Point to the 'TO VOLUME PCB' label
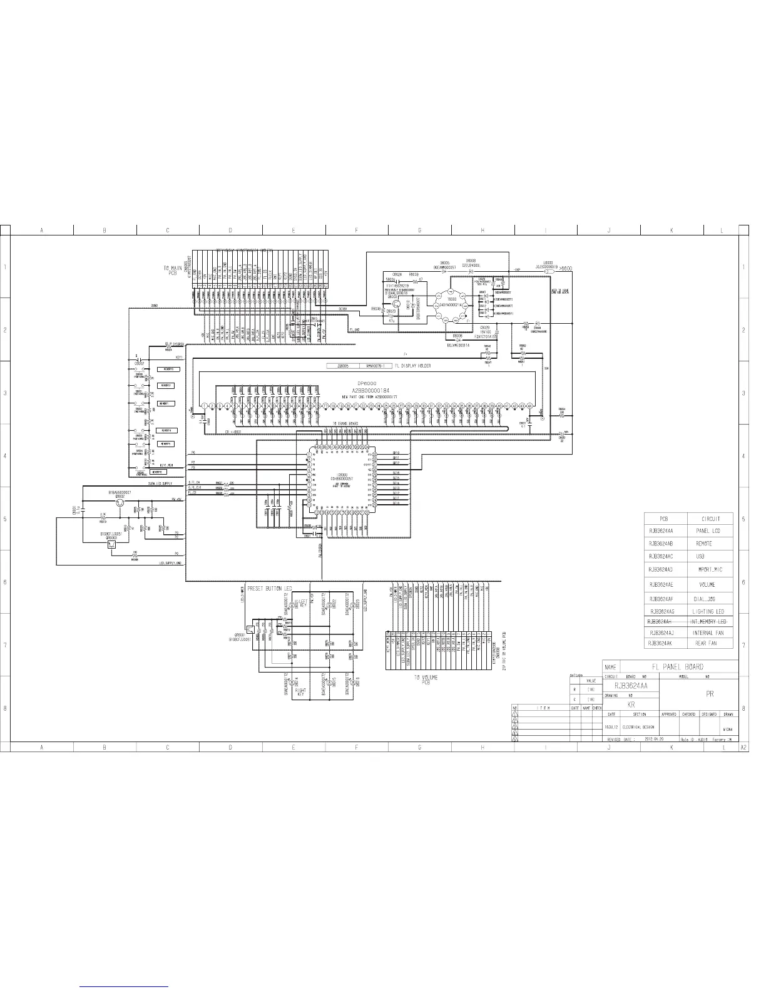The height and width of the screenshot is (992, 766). pos(425,679)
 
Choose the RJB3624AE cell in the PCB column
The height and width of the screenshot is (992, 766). pos(661,584)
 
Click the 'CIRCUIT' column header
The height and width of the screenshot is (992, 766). pos(710,519)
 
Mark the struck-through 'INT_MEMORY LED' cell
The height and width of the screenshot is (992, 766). pos(708,621)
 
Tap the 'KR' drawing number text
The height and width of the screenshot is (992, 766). pos(631,705)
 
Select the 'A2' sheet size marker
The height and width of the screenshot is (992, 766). pos(744,748)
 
